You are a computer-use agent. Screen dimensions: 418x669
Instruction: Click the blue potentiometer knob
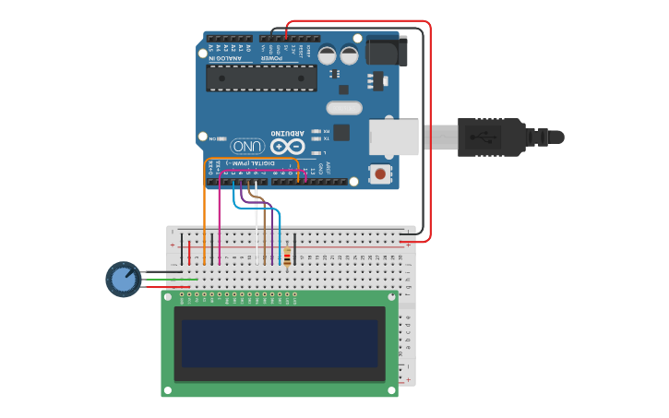123,279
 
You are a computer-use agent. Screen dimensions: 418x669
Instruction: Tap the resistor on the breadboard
287,257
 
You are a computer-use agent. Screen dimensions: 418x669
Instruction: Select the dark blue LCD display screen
280,343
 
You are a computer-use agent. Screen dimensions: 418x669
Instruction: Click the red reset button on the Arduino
379,173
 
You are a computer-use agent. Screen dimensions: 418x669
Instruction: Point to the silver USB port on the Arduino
393,137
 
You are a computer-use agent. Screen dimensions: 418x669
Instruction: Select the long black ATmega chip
261,78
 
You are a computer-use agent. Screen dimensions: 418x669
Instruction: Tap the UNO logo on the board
247,146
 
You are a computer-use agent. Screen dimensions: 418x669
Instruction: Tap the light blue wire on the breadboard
279,240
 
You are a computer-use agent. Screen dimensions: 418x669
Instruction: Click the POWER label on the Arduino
270,57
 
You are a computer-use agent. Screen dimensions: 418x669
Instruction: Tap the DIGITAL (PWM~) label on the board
254,163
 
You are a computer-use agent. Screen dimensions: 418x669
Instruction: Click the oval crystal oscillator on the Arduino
343,108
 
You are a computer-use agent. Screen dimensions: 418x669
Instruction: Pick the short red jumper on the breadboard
189,252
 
